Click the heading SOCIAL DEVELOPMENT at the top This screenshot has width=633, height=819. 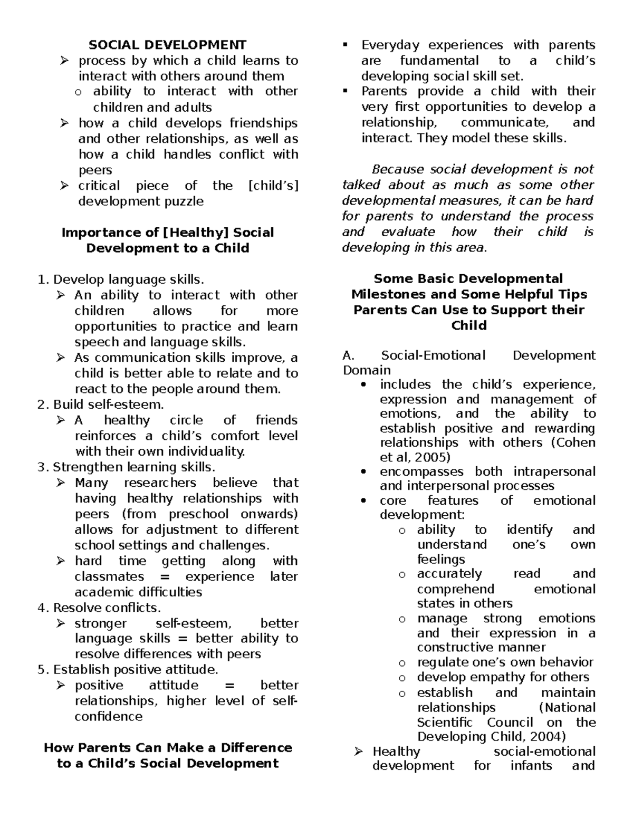[167, 45]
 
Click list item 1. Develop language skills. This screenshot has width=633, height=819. [121, 279]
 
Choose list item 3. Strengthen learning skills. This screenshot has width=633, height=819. [127, 467]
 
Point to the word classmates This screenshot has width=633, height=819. [109, 576]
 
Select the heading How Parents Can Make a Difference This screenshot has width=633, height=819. [168, 748]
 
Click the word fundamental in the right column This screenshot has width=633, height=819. [439, 61]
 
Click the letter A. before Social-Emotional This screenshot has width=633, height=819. [348, 355]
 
